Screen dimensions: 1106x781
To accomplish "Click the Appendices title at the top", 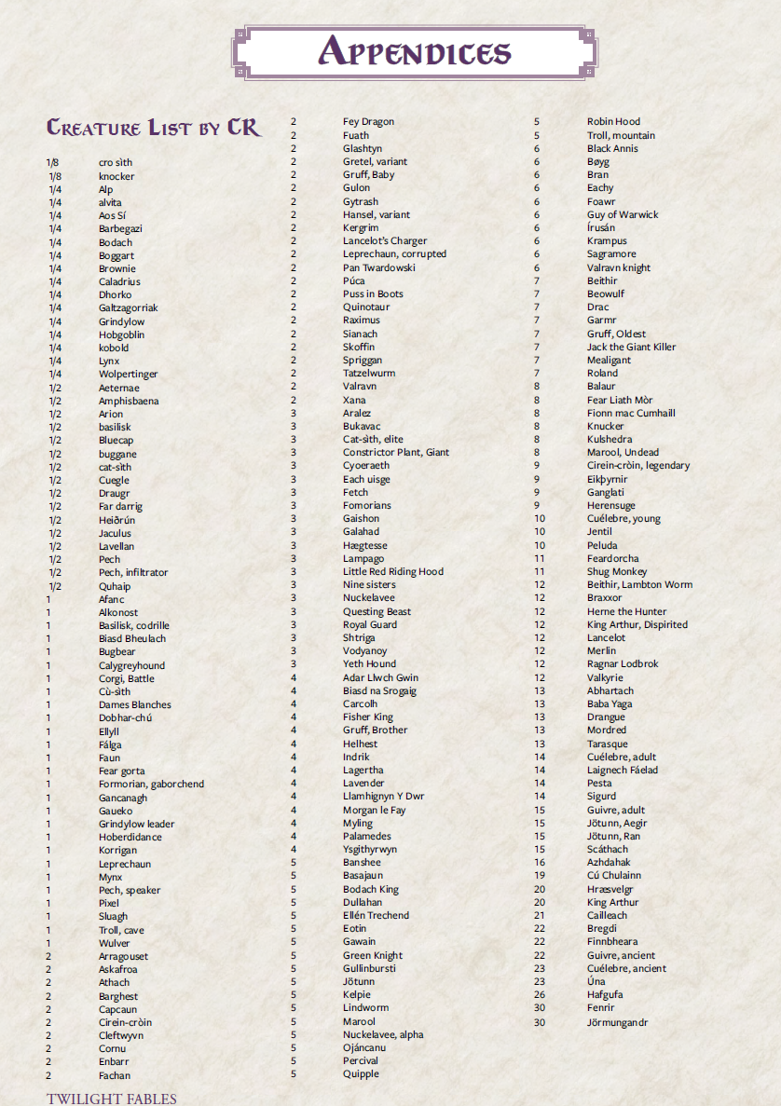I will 415,52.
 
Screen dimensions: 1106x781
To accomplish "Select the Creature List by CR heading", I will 154,128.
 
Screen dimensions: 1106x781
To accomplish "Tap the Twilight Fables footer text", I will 111,1099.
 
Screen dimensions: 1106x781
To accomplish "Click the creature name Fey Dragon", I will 368,121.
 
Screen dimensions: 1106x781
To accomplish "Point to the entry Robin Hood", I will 613,121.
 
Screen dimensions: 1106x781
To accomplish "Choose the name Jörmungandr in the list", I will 617,1022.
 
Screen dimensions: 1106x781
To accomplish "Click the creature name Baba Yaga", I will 610,704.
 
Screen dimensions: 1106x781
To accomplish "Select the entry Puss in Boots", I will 373,294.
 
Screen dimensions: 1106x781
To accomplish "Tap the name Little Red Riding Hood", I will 392,571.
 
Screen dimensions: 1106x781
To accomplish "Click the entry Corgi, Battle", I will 127,678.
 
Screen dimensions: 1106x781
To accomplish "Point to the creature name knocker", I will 116,176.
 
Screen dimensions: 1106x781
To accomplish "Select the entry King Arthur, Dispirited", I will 637,624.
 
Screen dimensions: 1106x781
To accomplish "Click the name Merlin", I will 601,650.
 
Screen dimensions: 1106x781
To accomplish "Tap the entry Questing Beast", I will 377,611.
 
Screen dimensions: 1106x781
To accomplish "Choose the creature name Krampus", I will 607,240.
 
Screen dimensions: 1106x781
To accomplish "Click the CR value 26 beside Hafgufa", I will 539,994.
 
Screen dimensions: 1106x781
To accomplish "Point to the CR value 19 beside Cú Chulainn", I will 539,875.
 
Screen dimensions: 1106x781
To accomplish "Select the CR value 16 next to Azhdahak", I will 539,862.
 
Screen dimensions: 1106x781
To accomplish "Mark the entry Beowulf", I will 606,294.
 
